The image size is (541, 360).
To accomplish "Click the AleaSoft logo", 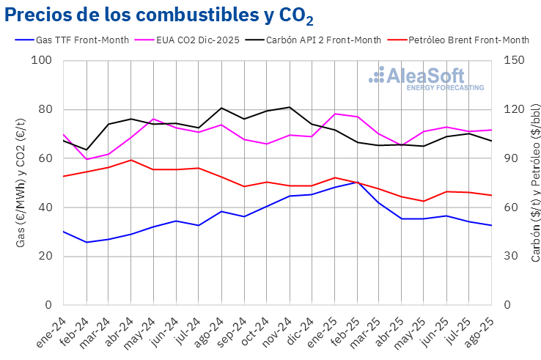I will [426, 78].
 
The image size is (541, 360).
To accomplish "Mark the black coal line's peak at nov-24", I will [290, 107].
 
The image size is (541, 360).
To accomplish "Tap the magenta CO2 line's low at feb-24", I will [87, 159].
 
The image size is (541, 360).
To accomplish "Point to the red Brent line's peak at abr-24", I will [131, 160].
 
